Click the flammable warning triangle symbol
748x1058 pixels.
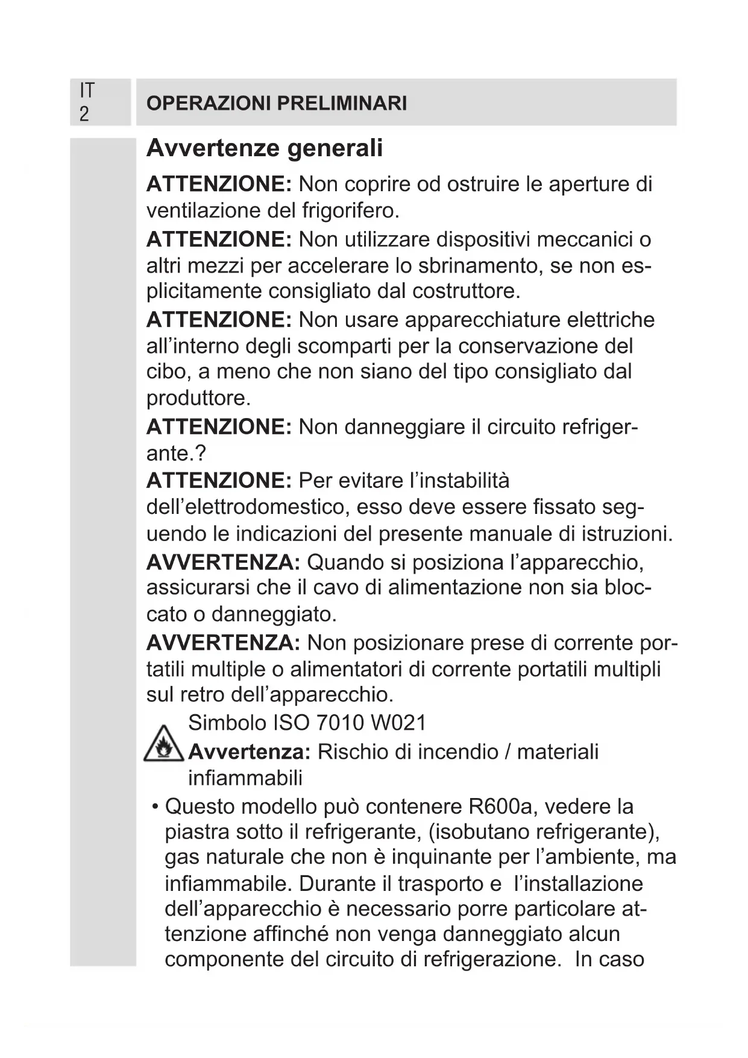point(163,745)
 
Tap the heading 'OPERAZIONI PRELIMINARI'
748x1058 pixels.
point(277,103)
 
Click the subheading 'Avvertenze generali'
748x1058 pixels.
point(265,148)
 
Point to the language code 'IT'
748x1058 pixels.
point(87,90)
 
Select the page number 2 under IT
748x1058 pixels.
point(84,114)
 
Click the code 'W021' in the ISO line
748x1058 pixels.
point(398,723)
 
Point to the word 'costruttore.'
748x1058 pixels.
point(467,291)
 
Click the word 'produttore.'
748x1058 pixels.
point(198,398)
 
